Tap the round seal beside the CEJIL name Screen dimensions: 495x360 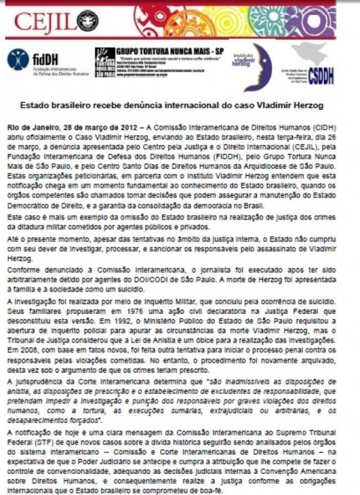[x=87, y=20]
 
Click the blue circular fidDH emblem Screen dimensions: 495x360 [x=18, y=59]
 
